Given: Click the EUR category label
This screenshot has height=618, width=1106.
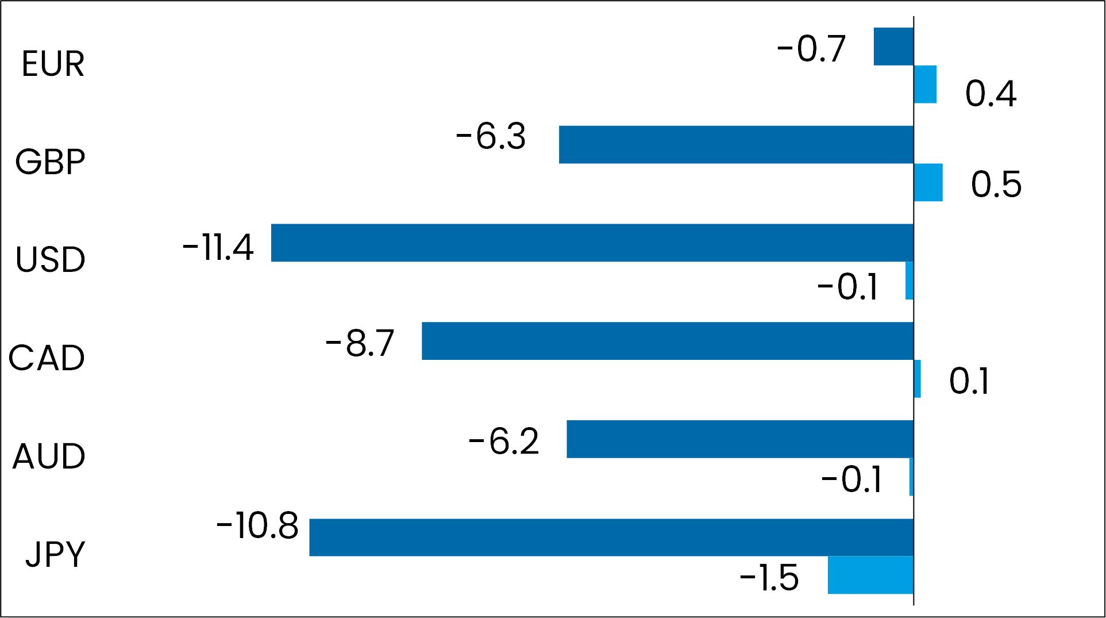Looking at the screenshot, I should point(53,64).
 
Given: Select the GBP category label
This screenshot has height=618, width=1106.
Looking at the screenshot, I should point(51,162).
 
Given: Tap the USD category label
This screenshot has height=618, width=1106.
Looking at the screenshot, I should point(51,260).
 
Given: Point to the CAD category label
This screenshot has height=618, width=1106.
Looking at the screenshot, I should point(47,358).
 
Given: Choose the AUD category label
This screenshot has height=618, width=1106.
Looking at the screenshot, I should point(49,456).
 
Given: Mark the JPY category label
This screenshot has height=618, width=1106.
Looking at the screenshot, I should point(55,554).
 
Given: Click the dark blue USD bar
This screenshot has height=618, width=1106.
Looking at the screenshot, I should point(592,243).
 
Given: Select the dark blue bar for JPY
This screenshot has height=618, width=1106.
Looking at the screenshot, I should point(611,537).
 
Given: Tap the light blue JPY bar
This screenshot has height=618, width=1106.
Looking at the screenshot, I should point(870,575).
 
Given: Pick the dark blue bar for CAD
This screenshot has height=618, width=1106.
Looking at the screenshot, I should point(668,341).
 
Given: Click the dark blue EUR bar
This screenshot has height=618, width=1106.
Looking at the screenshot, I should point(893,47).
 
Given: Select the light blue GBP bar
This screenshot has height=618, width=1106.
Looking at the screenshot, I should point(928,182).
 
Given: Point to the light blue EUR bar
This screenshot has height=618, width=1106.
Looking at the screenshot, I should point(925,84).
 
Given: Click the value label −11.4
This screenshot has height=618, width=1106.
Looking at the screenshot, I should point(218,248).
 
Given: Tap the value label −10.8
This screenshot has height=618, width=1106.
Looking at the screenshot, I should point(257,525).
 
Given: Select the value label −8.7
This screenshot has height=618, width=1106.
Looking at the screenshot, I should point(360,344).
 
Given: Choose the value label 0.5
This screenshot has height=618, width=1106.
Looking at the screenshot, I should point(996,185).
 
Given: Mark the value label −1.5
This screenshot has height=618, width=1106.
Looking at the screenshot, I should point(769,578).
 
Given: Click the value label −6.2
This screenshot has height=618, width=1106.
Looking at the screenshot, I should point(504,442).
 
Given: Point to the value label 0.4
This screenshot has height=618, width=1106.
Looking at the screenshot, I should point(991,93).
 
